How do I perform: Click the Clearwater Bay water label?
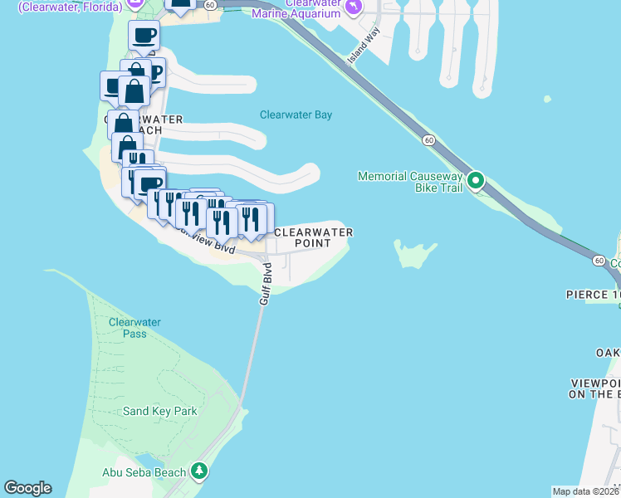click(x=296, y=115)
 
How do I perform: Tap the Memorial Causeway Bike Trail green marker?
click(x=476, y=180)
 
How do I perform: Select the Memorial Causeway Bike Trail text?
click(x=410, y=182)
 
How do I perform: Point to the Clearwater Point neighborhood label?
click(x=313, y=237)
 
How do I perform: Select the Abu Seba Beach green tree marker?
click(x=198, y=471)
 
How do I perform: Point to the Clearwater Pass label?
click(x=134, y=328)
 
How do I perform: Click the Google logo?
click(x=27, y=488)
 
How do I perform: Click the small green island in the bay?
click(x=413, y=254)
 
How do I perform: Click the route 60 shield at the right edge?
click(x=599, y=261)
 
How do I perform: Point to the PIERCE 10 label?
click(x=593, y=295)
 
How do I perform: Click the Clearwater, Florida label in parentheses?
click(x=70, y=7)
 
